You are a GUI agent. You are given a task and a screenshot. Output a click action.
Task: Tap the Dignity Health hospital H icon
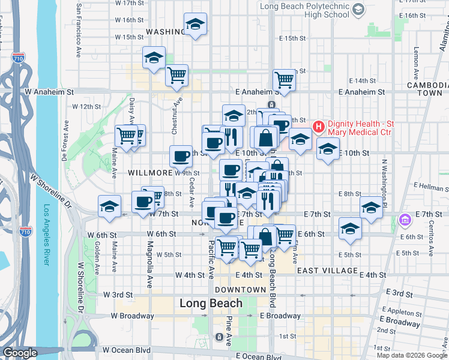pyautogui.click(x=318, y=127)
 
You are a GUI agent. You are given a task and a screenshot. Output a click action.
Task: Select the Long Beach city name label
pyautogui.click(x=211, y=304)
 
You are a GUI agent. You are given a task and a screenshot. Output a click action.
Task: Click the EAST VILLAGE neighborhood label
pyautogui.click(x=327, y=271)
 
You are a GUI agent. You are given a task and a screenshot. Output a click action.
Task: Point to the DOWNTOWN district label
pyautogui.click(x=241, y=290)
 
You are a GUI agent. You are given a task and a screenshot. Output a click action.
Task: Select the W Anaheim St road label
pyautogui.click(x=49, y=92)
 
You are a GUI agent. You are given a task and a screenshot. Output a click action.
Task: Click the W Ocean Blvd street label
pyautogui.click(x=126, y=349)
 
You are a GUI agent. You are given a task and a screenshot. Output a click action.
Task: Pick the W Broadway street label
pyautogui.click(x=133, y=316)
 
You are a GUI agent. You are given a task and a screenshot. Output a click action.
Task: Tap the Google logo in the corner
pyautogui.click(x=20, y=353)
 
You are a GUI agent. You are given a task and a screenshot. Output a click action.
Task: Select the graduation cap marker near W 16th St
pyautogui.click(x=195, y=25)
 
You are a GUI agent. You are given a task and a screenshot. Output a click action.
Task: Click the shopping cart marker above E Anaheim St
pyautogui.click(x=284, y=79)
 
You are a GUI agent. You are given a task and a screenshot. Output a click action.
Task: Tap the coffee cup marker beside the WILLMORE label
pyautogui.click(x=181, y=157)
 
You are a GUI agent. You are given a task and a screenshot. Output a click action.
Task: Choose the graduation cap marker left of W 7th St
pyautogui.click(x=109, y=206)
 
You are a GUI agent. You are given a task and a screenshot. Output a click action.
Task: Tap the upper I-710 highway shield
pyautogui.click(x=17, y=58)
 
